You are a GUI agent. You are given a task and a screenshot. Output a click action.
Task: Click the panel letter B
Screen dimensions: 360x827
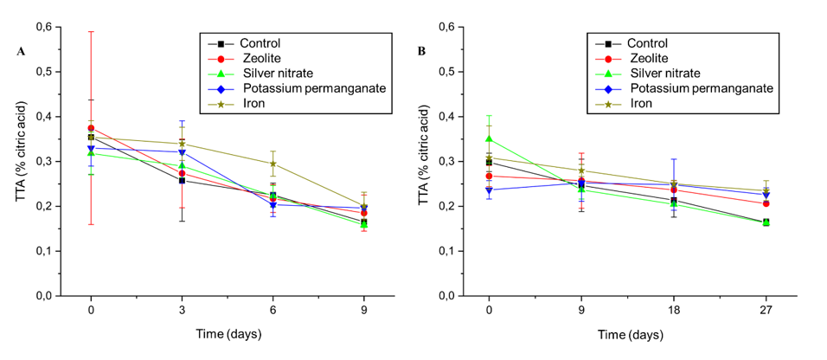[x=421, y=52]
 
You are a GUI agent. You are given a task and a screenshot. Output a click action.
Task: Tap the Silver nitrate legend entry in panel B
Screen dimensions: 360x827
[x=665, y=73]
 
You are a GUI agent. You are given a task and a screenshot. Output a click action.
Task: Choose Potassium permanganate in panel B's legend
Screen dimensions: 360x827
[x=701, y=88]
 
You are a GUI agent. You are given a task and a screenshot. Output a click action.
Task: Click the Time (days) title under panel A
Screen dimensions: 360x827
[x=227, y=333]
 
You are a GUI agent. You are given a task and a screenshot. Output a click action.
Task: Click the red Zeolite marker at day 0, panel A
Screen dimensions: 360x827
[x=91, y=128]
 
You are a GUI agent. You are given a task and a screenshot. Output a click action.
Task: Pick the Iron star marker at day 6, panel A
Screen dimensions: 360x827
[x=273, y=164]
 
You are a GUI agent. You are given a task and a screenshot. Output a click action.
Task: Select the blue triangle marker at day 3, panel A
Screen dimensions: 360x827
[x=182, y=152]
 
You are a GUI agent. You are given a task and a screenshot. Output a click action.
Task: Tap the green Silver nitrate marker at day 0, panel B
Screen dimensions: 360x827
[x=489, y=138]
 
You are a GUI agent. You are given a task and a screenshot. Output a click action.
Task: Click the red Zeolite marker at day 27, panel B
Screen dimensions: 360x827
[x=766, y=203]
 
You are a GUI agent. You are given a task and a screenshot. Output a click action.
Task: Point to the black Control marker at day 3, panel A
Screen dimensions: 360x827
[x=182, y=180]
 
